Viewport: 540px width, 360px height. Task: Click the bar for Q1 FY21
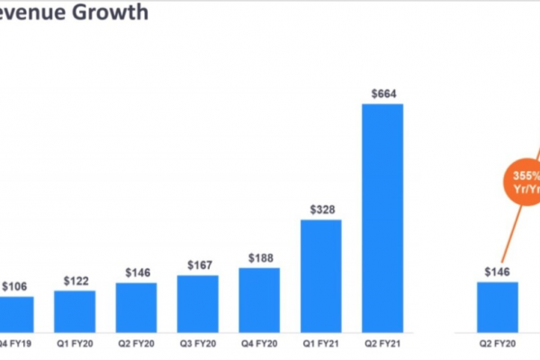pyautogui.click(x=320, y=275)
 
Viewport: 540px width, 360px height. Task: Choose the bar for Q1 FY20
pyautogui.click(x=75, y=311)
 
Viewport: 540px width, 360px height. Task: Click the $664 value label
pyautogui.click(x=382, y=93)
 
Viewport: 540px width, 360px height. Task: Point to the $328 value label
pyautogui.click(x=320, y=209)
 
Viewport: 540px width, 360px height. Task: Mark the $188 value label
pyautogui.click(x=259, y=257)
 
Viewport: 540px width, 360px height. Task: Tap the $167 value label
pyautogui.click(x=197, y=265)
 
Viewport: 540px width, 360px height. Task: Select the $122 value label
pyautogui.click(x=75, y=281)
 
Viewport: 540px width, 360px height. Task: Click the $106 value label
pyautogui.click(x=14, y=286)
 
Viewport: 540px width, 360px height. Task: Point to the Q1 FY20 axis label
pyautogui.click(x=75, y=344)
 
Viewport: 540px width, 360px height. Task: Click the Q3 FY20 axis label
pyautogui.click(x=197, y=344)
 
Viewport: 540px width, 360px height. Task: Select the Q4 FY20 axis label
pyautogui.click(x=259, y=344)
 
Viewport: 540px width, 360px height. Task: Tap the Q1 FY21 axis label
pyautogui.click(x=320, y=344)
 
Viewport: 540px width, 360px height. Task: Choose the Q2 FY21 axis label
pyautogui.click(x=382, y=344)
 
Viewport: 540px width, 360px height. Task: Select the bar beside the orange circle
pyautogui.click(x=497, y=307)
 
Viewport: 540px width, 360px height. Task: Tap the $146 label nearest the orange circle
pyautogui.click(x=497, y=272)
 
